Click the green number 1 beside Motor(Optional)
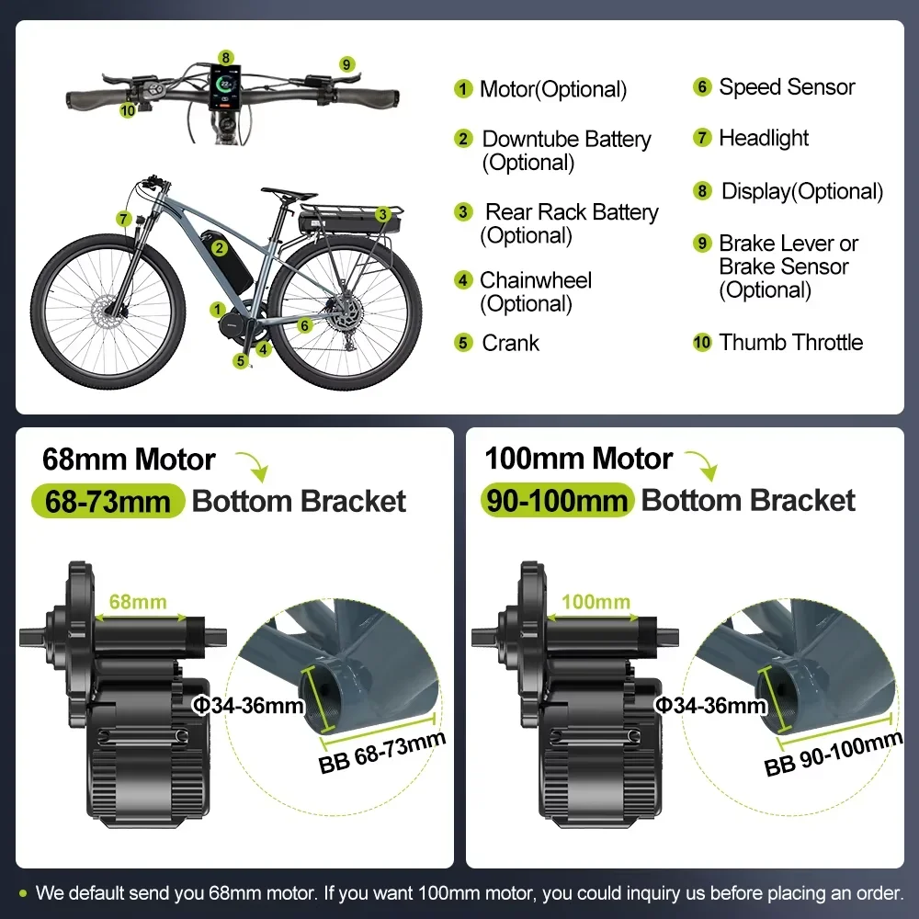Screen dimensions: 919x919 coord(463,89)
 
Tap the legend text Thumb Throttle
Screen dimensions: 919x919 coord(790,343)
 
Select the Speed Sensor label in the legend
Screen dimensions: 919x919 coord(787,87)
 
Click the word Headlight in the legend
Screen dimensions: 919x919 coord(764,139)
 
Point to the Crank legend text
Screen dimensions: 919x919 coord(510,343)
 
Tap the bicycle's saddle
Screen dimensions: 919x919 coord(289,192)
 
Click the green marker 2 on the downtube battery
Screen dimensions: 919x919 coord(219,246)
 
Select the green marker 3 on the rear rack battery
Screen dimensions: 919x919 coord(380,214)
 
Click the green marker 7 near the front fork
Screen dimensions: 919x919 coord(124,218)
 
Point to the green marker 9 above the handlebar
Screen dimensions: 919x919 coord(346,64)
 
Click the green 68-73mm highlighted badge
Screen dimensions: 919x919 coord(108,502)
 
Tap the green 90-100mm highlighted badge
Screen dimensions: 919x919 coord(556,502)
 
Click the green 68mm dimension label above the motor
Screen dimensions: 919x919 coord(138,603)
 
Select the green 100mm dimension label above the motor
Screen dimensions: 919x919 coord(595,603)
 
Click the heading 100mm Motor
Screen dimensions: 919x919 coord(578,459)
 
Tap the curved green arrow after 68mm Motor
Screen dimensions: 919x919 coord(253,465)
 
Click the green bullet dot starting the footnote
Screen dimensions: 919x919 coord(23,892)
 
